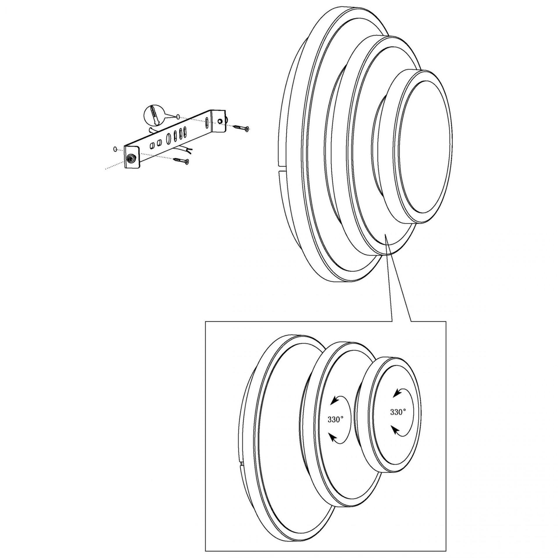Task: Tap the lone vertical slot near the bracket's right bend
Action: click(x=207, y=123)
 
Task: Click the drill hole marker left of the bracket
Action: click(x=115, y=149)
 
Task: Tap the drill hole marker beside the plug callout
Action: click(x=177, y=117)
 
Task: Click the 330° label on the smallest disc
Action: click(x=398, y=412)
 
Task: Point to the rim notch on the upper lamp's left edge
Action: click(x=280, y=169)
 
